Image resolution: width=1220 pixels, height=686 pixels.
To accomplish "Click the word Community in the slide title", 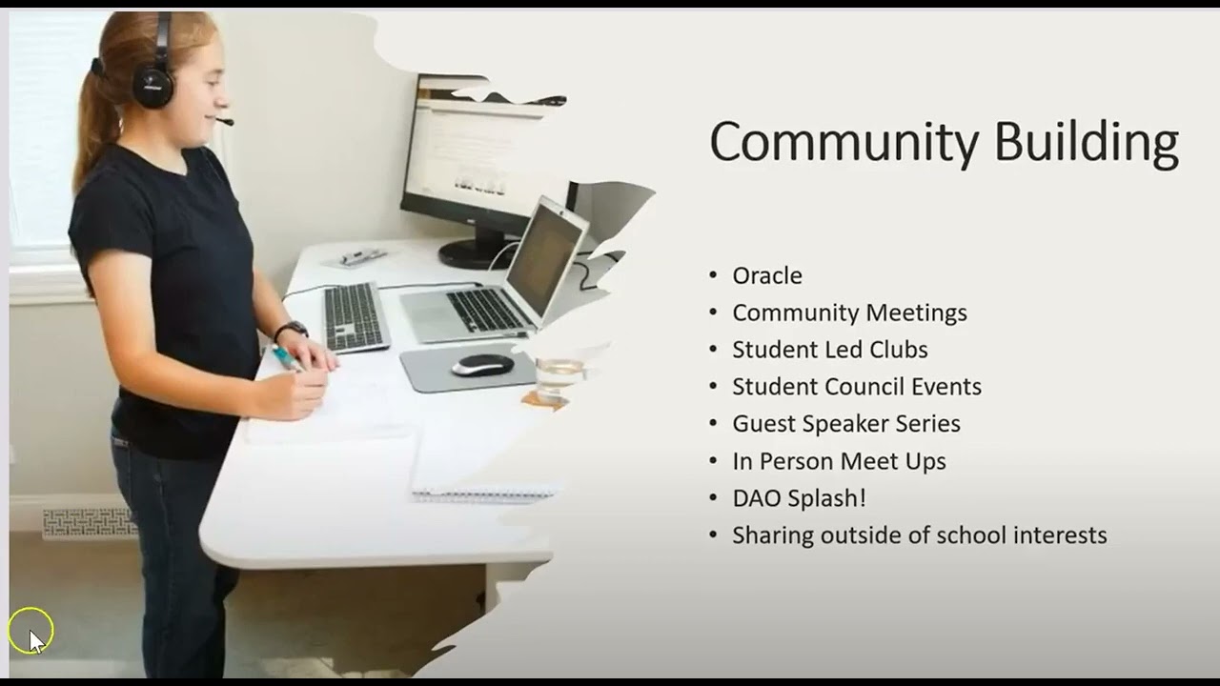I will tap(844, 143).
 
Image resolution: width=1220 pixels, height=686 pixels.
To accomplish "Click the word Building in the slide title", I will tap(1086, 143).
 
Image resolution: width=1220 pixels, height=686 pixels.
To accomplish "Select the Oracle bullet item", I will tap(766, 275).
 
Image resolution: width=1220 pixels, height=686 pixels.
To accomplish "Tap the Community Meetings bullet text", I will tap(849, 313).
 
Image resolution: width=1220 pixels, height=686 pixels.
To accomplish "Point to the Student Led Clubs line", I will tap(829, 350).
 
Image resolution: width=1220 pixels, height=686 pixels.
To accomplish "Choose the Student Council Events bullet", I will tap(856, 387).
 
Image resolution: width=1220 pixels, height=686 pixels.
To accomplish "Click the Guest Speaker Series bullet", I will tap(845, 424).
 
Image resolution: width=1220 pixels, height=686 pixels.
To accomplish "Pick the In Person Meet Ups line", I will tap(839, 461).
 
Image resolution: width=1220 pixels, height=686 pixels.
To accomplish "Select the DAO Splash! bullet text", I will tap(799, 498).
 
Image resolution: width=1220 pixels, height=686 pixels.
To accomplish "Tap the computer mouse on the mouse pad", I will tap(482, 365).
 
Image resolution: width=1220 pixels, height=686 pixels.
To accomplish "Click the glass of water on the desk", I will tap(559, 377).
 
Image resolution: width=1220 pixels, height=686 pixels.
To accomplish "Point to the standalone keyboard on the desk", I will tap(356, 316).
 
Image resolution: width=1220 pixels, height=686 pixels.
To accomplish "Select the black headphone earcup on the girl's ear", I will tap(152, 86).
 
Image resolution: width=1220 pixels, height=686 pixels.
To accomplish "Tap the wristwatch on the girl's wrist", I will tap(292, 330).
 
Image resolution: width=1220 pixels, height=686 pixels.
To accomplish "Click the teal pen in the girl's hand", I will tap(285, 358).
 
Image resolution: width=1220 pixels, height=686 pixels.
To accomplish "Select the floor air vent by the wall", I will tap(89, 521).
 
